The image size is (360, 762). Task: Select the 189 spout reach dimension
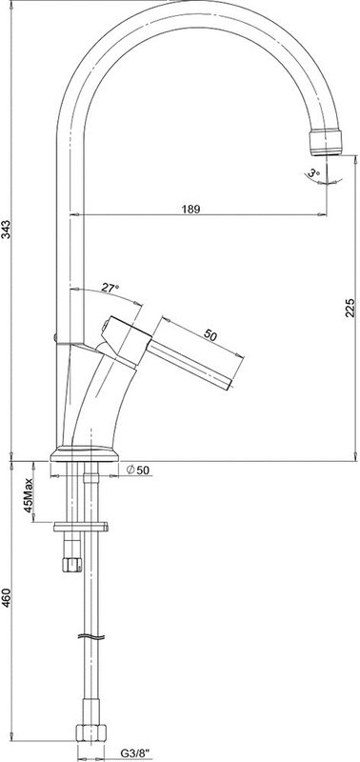point(190,209)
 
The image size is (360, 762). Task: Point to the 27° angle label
point(110,288)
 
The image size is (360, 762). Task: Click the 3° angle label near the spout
point(314,172)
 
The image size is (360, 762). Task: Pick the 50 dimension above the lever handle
point(210,335)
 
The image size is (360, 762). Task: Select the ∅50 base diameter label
point(137,470)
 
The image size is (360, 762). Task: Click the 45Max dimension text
point(29,495)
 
